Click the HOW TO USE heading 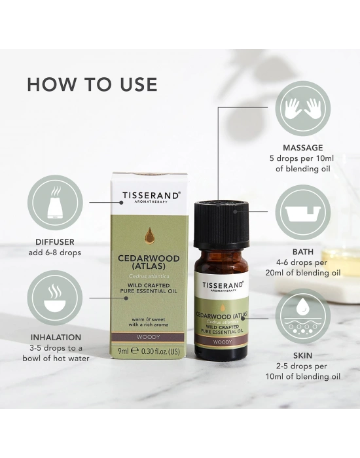tap(92, 84)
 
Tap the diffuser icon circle tap(55, 202)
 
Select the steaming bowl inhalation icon tap(55, 298)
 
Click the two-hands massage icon tap(302, 109)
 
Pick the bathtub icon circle tap(302, 213)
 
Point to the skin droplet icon tap(302, 316)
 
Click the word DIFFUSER tap(55, 242)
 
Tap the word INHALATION tap(56, 338)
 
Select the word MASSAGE tap(302, 148)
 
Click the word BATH tap(302, 252)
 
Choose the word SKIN tap(302, 356)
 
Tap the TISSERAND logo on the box tap(150, 196)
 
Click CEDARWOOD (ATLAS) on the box tap(149, 262)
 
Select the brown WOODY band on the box tap(149, 337)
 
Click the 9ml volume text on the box tap(123, 351)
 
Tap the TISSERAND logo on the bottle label tap(223, 286)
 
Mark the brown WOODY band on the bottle tap(221, 342)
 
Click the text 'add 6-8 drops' tap(54, 253)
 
